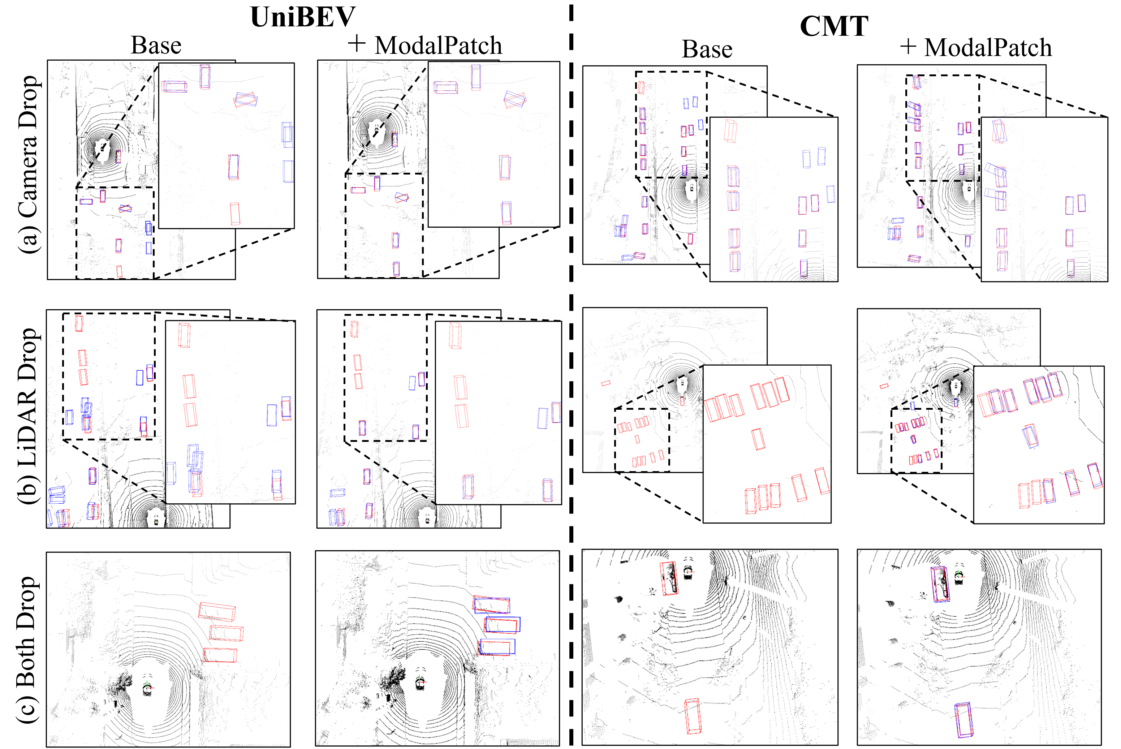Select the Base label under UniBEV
coord(156,46)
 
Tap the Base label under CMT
coord(707,49)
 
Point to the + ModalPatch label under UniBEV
coord(424,46)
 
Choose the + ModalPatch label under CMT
coord(976,47)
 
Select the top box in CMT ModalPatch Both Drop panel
coord(940,584)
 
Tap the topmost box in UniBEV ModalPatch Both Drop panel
coord(491,604)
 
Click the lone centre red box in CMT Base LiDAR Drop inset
coord(759,439)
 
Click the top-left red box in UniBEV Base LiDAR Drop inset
coord(184,335)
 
